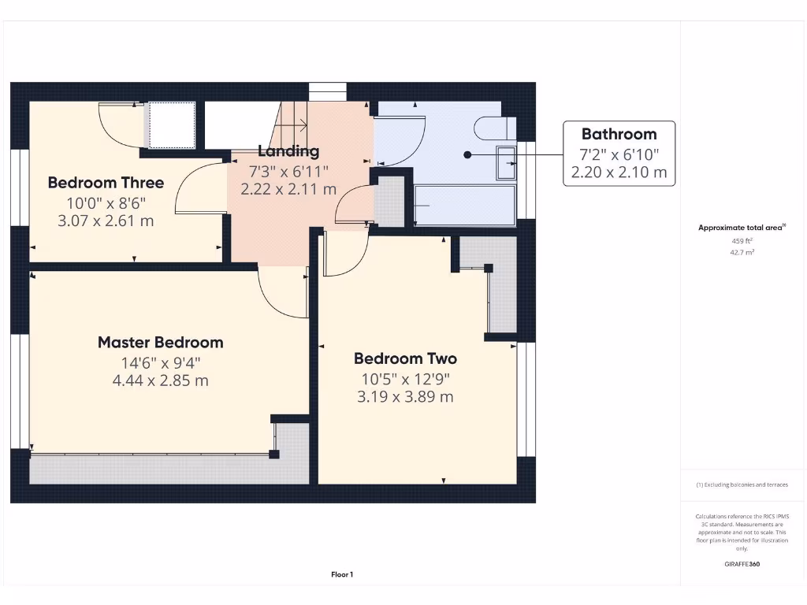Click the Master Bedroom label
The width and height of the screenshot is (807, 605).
pyautogui.click(x=160, y=343)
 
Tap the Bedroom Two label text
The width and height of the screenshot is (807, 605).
pyautogui.click(x=405, y=358)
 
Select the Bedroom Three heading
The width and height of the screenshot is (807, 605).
pyautogui.click(x=106, y=183)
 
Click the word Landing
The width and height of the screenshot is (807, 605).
pyautogui.click(x=289, y=151)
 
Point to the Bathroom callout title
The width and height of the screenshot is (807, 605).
pyautogui.click(x=619, y=134)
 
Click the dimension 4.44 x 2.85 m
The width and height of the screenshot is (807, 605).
pyautogui.click(x=160, y=380)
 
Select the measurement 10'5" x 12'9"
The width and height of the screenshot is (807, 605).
pyautogui.click(x=405, y=378)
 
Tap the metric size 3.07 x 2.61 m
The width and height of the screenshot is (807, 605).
pyautogui.click(x=106, y=221)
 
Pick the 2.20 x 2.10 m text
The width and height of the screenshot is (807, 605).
pyautogui.click(x=619, y=172)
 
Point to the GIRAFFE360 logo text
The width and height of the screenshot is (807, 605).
pyautogui.click(x=742, y=564)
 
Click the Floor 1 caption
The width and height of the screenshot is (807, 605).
pyautogui.click(x=342, y=575)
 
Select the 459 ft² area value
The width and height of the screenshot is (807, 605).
pyautogui.click(x=742, y=241)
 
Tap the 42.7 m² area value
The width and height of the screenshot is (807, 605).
pyautogui.click(x=742, y=253)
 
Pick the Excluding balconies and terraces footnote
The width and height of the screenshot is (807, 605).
pyautogui.click(x=742, y=485)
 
